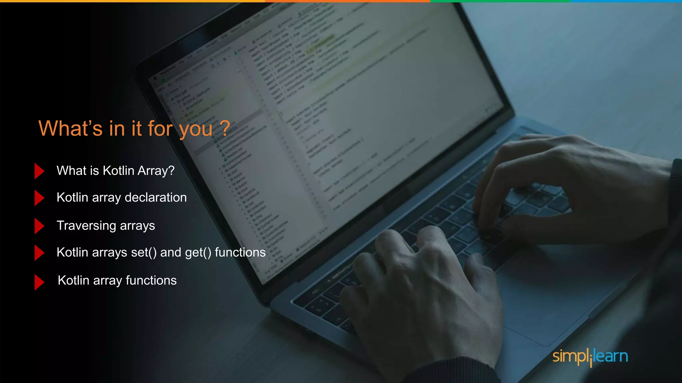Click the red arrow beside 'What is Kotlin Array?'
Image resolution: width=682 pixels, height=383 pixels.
point(39,171)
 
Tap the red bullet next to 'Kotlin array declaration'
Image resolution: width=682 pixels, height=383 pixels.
point(39,198)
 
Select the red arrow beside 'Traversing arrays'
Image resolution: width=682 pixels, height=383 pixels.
point(39,226)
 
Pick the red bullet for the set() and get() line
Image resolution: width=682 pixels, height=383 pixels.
point(39,253)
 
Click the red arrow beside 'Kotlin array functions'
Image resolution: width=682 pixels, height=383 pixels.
point(39,282)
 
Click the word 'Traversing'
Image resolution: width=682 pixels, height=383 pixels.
point(86,226)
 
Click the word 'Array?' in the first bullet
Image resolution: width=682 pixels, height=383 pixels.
point(156,171)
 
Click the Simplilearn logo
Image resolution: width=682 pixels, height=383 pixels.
point(590,356)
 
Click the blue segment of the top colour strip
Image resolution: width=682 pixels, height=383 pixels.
point(626,1)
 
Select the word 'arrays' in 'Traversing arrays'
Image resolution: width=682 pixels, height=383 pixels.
point(137,226)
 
